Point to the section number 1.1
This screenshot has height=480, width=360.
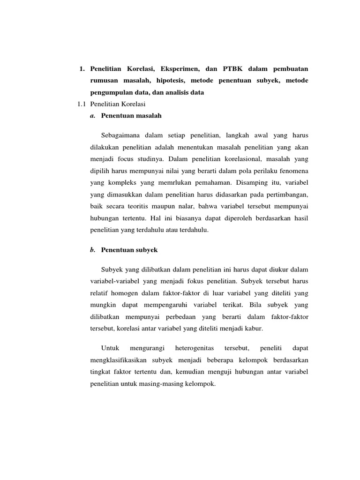(x=82, y=104)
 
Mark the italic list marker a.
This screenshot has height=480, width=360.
(x=92, y=115)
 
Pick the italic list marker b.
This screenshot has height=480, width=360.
(x=92, y=250)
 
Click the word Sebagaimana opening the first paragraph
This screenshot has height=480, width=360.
(x=122, y=135)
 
